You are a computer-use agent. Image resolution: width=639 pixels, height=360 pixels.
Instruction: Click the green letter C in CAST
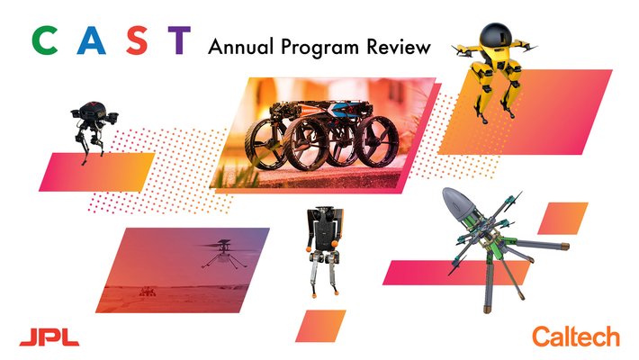point(42,41)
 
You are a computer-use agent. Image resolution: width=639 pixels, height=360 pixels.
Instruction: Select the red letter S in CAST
point(134,41)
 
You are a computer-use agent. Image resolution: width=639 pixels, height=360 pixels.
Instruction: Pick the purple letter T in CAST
point(179,41)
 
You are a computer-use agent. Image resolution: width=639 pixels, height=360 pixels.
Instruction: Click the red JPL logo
point(49,336)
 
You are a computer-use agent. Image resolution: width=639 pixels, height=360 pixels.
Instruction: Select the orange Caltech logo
point(576,336)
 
